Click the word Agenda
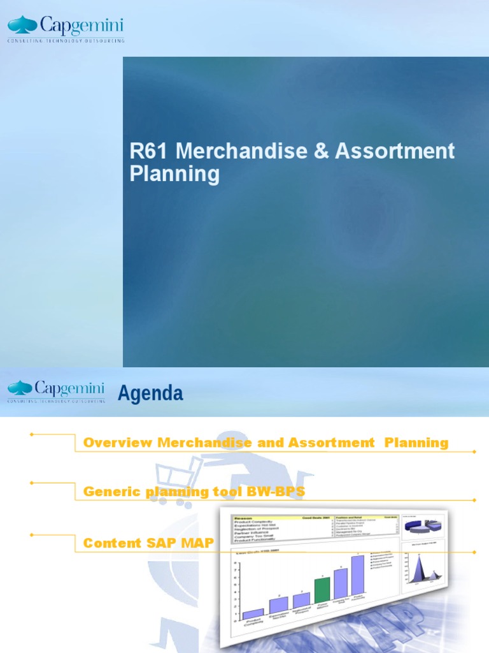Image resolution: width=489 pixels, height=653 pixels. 150,394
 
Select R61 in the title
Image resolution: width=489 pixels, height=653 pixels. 150,151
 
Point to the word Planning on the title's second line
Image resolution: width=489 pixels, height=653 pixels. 174,174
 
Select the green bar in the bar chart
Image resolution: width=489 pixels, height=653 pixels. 323,592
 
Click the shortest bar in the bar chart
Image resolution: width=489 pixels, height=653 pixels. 253,613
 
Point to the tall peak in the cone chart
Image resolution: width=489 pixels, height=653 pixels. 420,564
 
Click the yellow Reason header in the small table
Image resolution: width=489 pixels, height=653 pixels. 245,518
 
